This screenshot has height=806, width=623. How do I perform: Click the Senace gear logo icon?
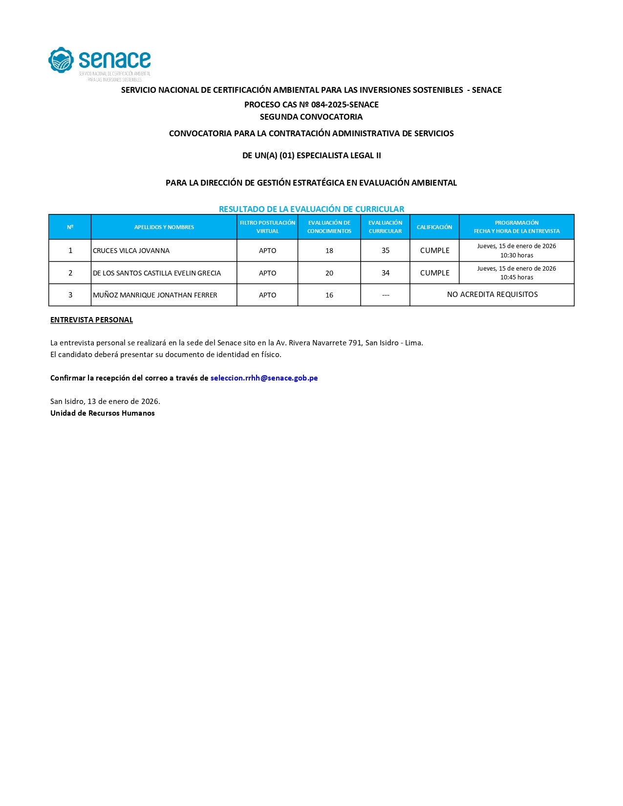coord(61,60)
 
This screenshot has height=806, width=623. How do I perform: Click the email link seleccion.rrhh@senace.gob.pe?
coord(264,378)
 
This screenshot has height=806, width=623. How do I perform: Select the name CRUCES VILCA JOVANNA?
coord(131,251)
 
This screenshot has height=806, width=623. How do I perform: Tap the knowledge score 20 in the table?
coord(329,273)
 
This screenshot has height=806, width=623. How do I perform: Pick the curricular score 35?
coord(386,251)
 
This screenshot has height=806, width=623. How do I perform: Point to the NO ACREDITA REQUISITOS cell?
coord(492,295)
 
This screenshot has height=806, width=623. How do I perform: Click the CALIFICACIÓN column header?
coord(434,227)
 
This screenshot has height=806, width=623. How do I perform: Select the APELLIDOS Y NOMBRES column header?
coord(164,227)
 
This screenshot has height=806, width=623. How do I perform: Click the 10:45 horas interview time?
coord(516,277)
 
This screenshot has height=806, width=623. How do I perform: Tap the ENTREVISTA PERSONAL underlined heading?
coord(92,320)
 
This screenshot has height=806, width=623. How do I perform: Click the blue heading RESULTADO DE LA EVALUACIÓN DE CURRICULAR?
coord(311,209)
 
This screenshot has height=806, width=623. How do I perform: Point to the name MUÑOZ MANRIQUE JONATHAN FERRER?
coord(155,295)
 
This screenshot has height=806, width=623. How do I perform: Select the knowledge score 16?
coord(329,295)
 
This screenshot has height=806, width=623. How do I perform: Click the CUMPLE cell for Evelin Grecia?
coord(434,273)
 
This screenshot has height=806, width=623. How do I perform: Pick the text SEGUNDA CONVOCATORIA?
coord(311,117)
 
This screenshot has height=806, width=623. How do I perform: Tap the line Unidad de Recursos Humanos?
coord(103,413)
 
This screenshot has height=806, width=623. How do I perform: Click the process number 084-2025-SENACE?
coord(344,105)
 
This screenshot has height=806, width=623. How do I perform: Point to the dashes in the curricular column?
coord(386,295)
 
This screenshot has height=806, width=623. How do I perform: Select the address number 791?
coord(355,343)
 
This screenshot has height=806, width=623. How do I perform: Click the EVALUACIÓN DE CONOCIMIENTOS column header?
coord(329,227)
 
